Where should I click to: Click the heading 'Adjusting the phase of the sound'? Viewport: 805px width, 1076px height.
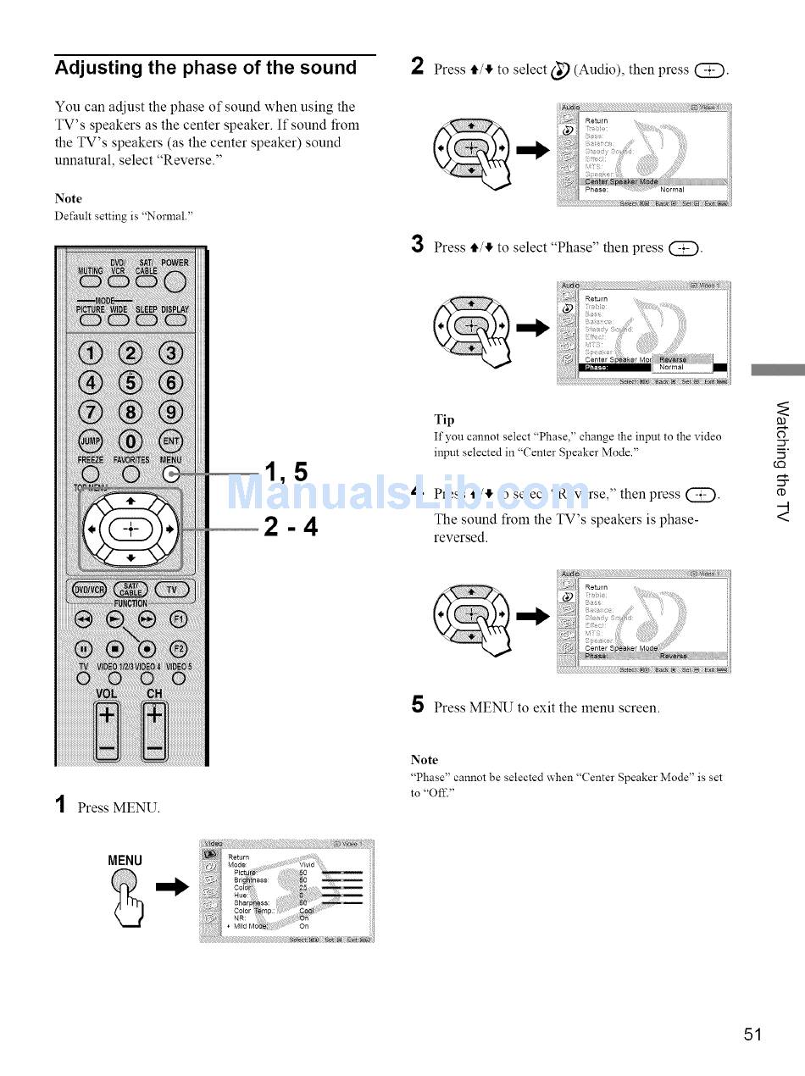click(206, 68)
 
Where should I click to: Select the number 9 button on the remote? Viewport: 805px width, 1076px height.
click(172, 412)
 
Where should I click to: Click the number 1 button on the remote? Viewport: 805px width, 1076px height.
click(91, 352)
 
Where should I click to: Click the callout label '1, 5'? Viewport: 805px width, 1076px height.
click(286, 471)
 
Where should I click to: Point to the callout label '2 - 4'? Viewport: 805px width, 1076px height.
click(291, 527)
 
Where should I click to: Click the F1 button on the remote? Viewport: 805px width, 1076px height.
click(178, 618)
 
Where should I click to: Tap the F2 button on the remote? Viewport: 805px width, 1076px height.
click(178, 650)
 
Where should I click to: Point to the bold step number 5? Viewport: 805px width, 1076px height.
click(417, 706)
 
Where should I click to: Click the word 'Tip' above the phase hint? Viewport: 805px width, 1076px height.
click(444, 419)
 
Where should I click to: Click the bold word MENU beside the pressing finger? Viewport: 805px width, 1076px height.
click(125, 861)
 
